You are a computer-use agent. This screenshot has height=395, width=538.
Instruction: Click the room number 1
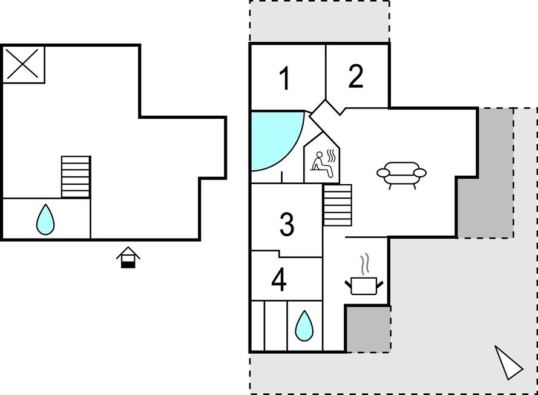tap(284, 79)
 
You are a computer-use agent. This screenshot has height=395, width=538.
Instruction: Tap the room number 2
tap(356, 76)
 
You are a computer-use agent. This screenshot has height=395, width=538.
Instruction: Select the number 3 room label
tap(287, 224)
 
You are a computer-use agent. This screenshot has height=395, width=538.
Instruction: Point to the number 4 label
tap(278, 280)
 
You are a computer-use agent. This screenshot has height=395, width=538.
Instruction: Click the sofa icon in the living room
tap(401, 174)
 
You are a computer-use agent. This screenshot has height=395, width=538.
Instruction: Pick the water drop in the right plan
tap(304, 326)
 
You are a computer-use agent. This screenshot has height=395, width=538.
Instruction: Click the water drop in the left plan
tap(45, 219)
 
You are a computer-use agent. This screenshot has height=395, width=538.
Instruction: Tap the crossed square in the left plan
tap(24, 64)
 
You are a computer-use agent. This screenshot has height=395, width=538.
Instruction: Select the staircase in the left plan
tap(76, 177)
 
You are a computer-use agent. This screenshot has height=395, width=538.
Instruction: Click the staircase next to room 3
tap(338, 205)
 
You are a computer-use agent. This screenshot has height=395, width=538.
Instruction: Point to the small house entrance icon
tap(128, 257)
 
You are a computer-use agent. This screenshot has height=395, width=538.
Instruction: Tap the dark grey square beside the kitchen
tap(368, 329)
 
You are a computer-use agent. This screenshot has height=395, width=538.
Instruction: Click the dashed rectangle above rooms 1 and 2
tap(320, 21)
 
